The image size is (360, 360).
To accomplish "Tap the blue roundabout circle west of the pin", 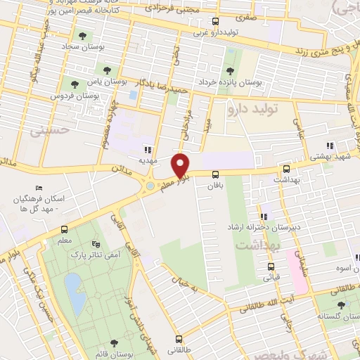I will [150, 185].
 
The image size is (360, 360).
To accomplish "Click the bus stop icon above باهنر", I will [215, 174].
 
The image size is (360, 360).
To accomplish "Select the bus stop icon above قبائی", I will [271, 266].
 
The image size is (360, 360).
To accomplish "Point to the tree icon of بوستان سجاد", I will [83, 35].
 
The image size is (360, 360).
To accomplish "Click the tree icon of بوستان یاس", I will [107, 70].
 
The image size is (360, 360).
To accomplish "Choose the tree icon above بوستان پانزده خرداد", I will [230, 70].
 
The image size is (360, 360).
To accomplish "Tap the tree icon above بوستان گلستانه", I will [342, 304].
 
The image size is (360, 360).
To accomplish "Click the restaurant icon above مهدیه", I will [147, 149].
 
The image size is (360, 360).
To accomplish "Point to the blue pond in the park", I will [72, 288].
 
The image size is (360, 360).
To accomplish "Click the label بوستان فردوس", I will [70, 94].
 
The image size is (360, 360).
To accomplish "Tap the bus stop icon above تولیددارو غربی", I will [215, 21].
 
